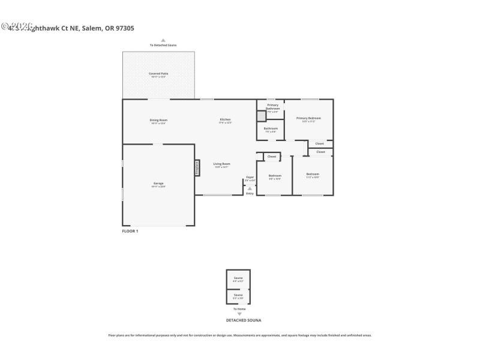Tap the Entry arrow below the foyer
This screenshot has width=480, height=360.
250,188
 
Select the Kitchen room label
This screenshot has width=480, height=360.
225,120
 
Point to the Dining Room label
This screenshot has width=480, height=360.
158,121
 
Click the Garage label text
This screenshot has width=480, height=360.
158,184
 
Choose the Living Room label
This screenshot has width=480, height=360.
222,164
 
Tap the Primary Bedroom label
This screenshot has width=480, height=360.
308,119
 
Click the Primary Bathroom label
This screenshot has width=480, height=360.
272,106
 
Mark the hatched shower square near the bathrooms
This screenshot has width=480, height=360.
261,116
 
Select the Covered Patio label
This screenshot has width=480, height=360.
158,74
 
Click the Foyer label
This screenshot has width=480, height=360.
250,178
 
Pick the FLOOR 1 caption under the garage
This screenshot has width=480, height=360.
130,231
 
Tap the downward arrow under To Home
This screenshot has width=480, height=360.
239,314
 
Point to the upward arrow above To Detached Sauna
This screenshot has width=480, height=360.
163,40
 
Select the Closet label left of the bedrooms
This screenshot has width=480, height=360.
271,157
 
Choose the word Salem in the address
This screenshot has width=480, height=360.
91,28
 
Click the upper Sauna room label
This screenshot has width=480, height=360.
238,278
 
